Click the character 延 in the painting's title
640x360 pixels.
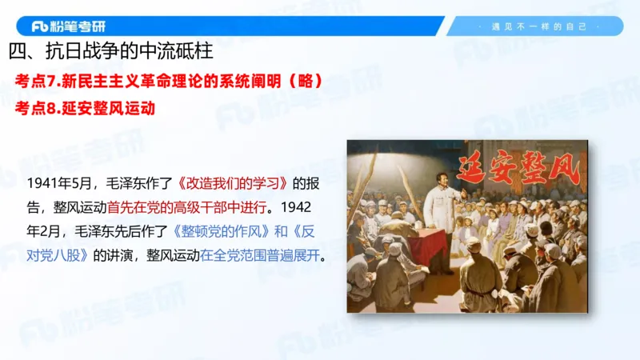473,170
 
